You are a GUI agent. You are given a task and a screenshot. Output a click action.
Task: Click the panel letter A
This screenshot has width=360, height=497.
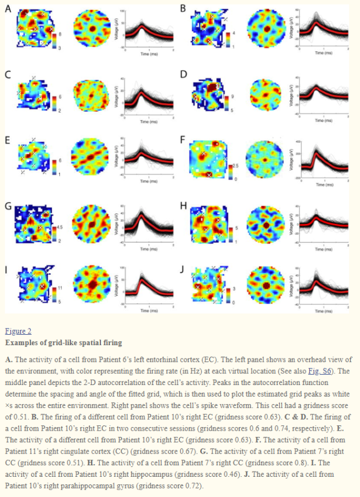(x=7, y=8)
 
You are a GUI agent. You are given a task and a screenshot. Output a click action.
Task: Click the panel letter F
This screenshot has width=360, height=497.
(x=183, y=139)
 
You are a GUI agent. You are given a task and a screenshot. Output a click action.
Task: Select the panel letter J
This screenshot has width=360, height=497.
(x=183, y=269)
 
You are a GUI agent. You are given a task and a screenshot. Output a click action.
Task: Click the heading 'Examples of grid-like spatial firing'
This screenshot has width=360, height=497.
(x=63, y=343)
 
